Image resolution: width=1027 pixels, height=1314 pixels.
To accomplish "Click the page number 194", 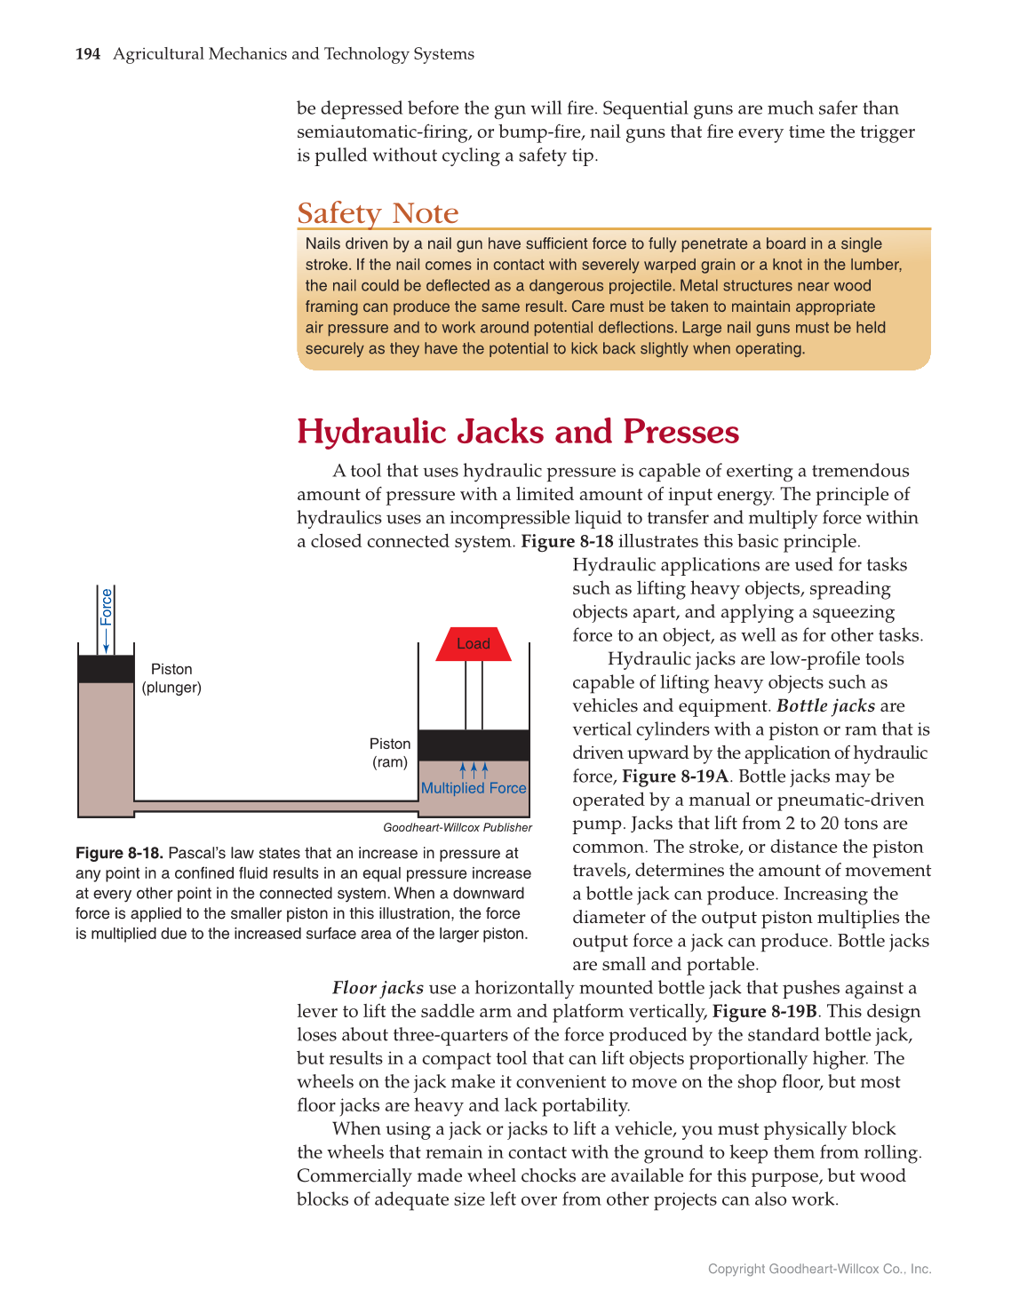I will pyautogui.click(x=88, y=54).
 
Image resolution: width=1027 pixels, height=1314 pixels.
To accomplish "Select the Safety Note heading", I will pyautogui.click(x=378, y=213).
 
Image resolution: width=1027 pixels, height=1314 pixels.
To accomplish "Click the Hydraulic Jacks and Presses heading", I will pyautogui.click(x=517, y=432).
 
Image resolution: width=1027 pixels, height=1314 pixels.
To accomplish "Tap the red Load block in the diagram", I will pyautogui.click(x=474, y=644).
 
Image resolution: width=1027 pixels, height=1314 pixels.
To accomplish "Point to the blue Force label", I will pyautogui.click(x=107, y=607).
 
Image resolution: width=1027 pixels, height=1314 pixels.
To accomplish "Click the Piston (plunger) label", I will pyautogui.click(x=171, y=678).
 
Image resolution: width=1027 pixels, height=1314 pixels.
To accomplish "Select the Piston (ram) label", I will pyautogui.click(x=390, y=753).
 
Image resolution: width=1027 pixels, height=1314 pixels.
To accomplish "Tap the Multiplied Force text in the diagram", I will pyautogui.click(x=474, y=788).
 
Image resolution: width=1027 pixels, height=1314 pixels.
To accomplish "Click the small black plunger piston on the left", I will pyautogui.click(x=106, y=669).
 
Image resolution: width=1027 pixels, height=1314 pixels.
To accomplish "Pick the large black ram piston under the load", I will pyautogui.click(x=474, y=745).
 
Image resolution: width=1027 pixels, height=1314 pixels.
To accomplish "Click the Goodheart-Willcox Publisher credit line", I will pyautogui.click(x=458, y=827).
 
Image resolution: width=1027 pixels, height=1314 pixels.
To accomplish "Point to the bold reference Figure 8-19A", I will pyautogui.click(x=675, y=776).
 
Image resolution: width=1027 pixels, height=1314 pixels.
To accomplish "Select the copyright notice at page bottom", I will pyautogui.click(x=819, y=1269).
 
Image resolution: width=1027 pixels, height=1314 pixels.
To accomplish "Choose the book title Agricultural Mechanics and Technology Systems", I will pyautogui.click(x=293, y=54).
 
